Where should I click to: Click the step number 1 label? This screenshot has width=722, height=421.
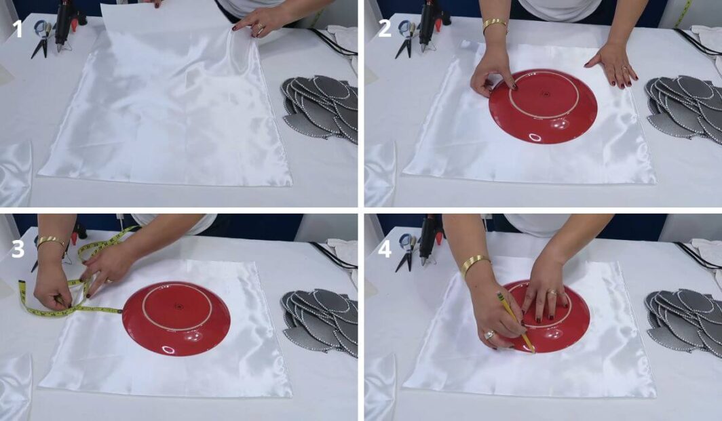pos(18,28)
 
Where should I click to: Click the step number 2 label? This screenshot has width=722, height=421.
pos(385,28)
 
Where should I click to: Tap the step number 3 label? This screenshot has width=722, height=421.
pos(18,249)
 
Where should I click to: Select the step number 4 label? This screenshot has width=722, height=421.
pos(385,249)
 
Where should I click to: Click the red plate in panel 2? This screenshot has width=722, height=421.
pos(543,106)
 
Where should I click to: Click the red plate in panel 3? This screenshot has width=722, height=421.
pos(176,319)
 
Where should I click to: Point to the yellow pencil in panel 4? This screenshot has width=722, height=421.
pos(516,322)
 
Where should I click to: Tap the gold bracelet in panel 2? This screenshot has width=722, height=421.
pos(495,25)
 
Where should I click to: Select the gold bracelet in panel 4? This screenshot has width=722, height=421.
pos(475,264)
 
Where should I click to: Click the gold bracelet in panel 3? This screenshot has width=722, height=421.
pos(52,241)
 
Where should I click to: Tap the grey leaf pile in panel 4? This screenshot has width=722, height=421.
pos(685,321)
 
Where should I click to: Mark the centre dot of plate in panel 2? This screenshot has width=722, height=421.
pos(546,95)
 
